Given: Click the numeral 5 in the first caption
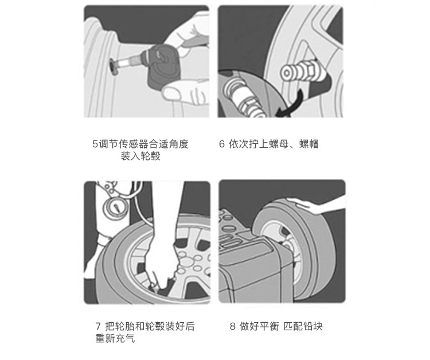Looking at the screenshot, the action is click(95, 144).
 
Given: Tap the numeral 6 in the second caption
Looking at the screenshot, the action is click(221, 144).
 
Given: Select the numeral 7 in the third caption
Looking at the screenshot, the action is click(98, 326).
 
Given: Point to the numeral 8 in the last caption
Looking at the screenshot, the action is click(233, 326).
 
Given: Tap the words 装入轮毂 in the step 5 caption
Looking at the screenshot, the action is click(140, 156).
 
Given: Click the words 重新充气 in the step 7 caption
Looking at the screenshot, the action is click(115, 338).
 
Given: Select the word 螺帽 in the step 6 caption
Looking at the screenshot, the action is click(309, 144).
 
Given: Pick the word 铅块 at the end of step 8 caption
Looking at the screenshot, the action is click(312, 326).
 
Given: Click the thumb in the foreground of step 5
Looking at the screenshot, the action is click(173, 92).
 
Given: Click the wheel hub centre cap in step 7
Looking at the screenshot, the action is click(186, 262).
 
